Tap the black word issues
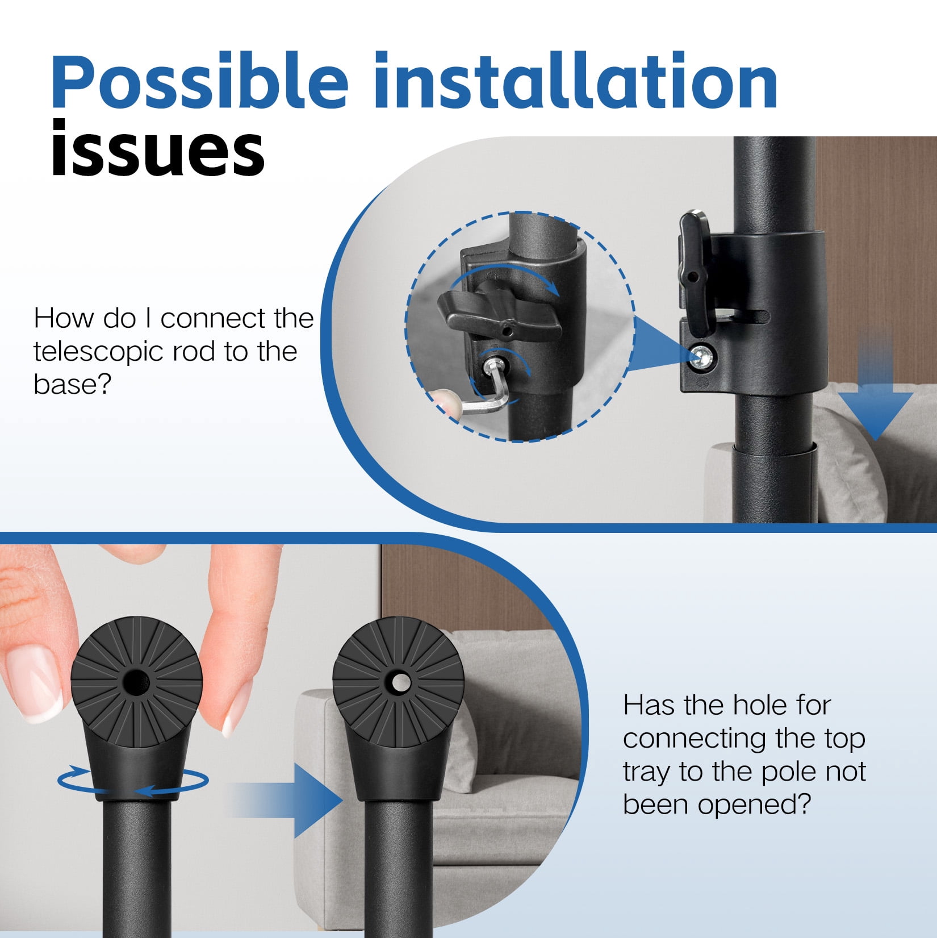pyautogui.click(x=157, y=149)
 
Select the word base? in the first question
pyautogui.click(x=72, y=384)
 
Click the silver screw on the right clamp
pyautogui.click(x=703, y=356)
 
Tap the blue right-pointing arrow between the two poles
pyautogui.click(x=290, y=800)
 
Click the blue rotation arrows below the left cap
pyautogui.click(x=133, y=782)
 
